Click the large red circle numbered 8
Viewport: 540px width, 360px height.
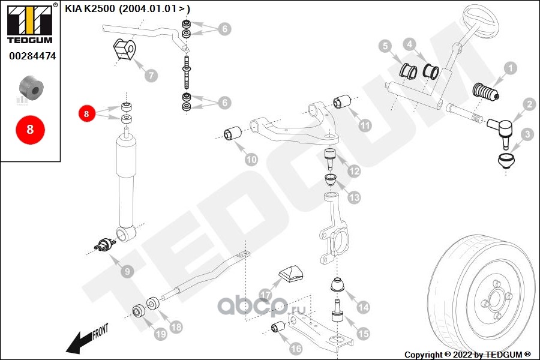tap(30, 129)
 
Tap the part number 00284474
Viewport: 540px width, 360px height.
tap(32, 56)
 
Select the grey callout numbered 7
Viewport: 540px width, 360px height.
tap(151, 76)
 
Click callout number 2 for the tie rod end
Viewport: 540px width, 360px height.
tap(529, 104)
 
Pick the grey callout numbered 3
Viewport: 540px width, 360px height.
tap(526, 134)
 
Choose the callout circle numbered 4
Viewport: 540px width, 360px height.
tap(409, 44)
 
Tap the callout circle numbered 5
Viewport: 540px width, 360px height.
tap(385, 45)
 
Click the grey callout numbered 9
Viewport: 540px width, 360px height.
tap(127, 272)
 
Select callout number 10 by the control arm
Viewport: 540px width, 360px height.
tap(251, 160)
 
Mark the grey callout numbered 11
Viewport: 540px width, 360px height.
tap(365, 125)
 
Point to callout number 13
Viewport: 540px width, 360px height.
tap(354, 197)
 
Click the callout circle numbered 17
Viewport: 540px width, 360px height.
tap(265, 294)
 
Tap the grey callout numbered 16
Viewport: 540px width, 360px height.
tap(296, 347)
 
